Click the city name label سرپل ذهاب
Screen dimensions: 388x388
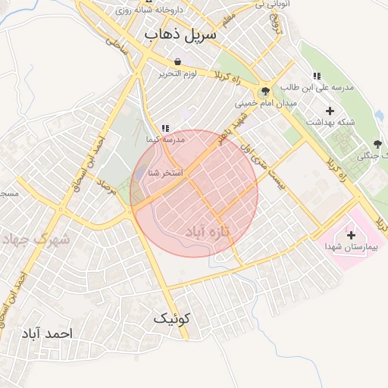(180, 35)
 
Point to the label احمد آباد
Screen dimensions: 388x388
(47, 333)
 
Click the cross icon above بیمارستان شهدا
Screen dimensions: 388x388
(350, 235)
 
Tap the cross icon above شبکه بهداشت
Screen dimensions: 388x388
(330, 111)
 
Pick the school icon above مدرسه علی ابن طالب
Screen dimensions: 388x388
(316, 76)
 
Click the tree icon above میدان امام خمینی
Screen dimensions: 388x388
(264, 92)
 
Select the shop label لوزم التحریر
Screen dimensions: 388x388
(177, 74)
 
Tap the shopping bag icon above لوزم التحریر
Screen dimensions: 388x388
(177, 62)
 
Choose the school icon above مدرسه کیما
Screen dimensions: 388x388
(165, 128)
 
